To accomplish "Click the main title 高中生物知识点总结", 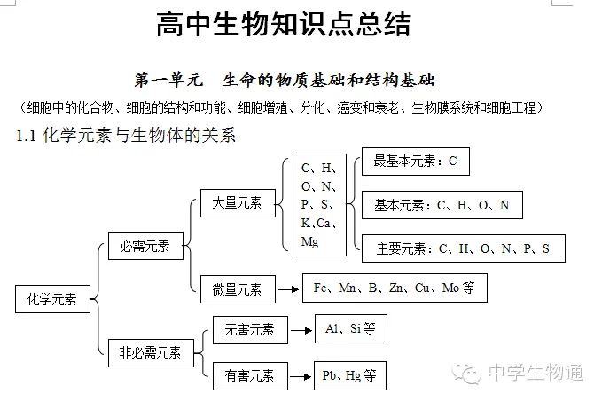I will (x=284, y=25).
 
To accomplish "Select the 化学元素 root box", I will (x=52, y=299).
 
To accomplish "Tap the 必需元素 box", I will (x=145, y=246).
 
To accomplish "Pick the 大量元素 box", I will (x=237, y=203).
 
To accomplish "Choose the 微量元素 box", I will (x=237, y=288).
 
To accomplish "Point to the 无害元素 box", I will (x=249, y=330).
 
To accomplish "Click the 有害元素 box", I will (x=249, y=375).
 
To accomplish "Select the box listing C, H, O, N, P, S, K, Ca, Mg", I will (x=319, y=204).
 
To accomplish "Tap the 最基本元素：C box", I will (x=415, y=162).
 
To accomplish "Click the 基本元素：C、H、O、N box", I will (x=442, y=205).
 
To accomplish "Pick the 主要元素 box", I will (x=463, y=248).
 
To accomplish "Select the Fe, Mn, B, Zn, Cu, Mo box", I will (x=395, y=288).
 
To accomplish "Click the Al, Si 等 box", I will (x=350, y=329).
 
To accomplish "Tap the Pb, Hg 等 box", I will (x=350, y=375).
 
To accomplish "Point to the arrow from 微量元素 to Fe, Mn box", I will (x=287, y=288).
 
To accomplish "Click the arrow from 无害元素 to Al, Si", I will (x=301, y=330).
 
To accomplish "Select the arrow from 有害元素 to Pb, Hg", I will (x=301, y=375).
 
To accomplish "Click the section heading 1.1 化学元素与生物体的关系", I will (x=126, y=137).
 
